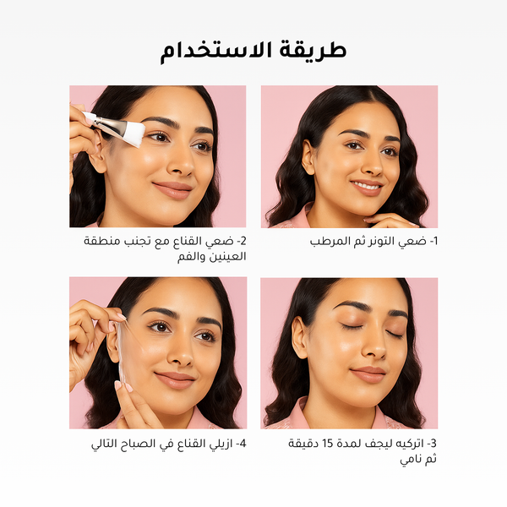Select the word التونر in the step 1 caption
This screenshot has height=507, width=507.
tap(374, 241)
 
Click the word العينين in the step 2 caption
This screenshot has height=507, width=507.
tap(224, 257)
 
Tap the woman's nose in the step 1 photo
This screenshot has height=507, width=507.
tap(369, 163)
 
